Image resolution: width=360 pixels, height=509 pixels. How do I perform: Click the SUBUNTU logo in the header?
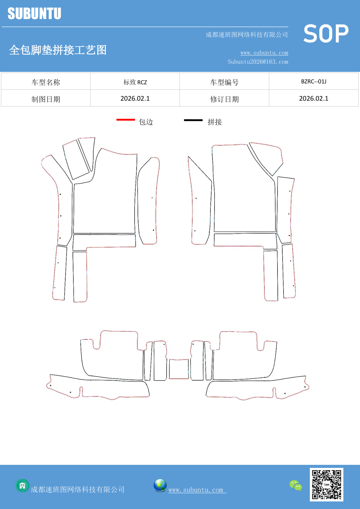(34, 13)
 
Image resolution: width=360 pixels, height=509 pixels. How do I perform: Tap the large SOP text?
(326, 34)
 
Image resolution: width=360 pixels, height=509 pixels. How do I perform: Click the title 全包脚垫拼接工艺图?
(58, 50)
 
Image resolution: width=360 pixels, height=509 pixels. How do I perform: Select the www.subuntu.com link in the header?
(264, 53)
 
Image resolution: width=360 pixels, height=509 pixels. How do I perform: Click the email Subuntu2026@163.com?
(258, 62)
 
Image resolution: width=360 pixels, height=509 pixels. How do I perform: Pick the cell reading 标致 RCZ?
(135, 81)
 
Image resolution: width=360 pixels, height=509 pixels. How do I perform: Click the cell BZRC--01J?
(314, 81)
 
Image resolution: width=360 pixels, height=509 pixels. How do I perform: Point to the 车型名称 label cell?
(46, 81)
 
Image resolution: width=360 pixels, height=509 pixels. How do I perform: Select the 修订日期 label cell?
(224, 98)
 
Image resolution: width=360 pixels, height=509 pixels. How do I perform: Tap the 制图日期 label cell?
(46, 98)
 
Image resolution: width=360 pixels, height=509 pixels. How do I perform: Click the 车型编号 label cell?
(224, 81)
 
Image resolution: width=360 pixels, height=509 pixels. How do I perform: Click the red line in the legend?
(126, 119)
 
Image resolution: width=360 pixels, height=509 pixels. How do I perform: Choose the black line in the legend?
(193, 120)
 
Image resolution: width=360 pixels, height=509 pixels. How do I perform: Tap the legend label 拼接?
(215, 122)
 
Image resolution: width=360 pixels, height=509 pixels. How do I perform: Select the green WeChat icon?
(296, 485)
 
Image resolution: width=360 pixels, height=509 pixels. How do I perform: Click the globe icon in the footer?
(160, 485)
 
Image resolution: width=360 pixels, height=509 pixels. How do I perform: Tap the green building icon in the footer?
(22, 486)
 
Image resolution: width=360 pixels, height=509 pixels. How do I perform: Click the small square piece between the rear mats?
(179, 369)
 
